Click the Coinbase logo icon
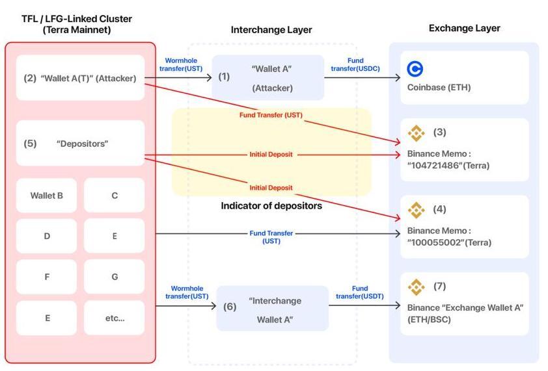pyautogui.click(x=415, y=68)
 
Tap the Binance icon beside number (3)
pyautogui.click(x=416, y=133)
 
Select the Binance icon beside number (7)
pyautogui.click(x=416, y=287)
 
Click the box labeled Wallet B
pyautogui.click(x=47, y=195)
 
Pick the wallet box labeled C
pyautogui.click(x=115, y=195)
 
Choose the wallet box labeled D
pyautogui.click(x=47, y=236)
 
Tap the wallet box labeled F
pyautogui.click(x=47, y=277)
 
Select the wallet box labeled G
pyautogui.click(x=115, y=277)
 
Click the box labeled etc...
pyautogui.click(x=115, y=318)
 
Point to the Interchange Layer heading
pyautogui.click(x=271, y=30)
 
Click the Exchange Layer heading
pyautogui.click(x=464, y=28)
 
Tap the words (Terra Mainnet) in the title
pyautogui.click(x=77, y=30)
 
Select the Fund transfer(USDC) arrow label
pyautogui.click(x=355, y=64)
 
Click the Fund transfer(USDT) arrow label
pyautogui.click(x=360, y=292)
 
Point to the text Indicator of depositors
pyautogui.click(x=271, y=206)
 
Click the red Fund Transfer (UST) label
pyautogui.click(x=271, y=115)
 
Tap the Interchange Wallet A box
pyautogui.click(x=273, y=309)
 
